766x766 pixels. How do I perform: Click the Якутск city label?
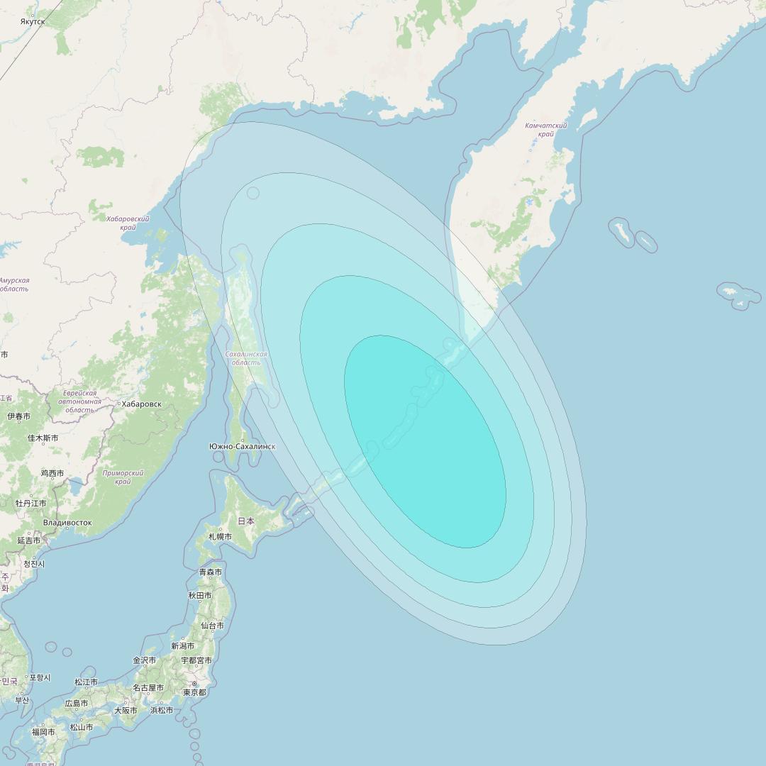(x=33, y=22)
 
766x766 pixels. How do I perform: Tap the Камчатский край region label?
(x=545, y=129)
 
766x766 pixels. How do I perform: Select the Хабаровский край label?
(x=128, y=223)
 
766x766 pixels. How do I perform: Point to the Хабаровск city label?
(x=141, y=404)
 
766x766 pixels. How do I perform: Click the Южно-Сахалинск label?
(x=242, y=446)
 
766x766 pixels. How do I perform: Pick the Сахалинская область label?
(x=245, y=358)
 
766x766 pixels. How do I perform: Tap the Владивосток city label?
(x=67, y=523)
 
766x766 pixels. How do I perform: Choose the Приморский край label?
(x=123, y=477)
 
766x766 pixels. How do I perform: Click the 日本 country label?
(x=245, y=521)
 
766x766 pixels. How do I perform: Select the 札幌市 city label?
(x=220, y=537)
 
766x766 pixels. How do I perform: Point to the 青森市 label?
(x=210, y=572)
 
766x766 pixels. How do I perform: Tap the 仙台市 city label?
(x=212, y=626)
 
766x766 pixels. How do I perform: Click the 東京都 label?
(x=194, y=692)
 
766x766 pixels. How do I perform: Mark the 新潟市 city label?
(x=183, y=646)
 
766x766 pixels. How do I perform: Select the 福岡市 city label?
(x=43, y=732)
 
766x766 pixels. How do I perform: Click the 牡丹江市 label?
(x=31, y=504)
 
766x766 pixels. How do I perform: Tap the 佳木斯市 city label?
(x=43, y=438)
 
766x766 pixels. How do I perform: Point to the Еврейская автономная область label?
(x=79, y=401)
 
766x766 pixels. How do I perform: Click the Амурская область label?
(x=14, y=284)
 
